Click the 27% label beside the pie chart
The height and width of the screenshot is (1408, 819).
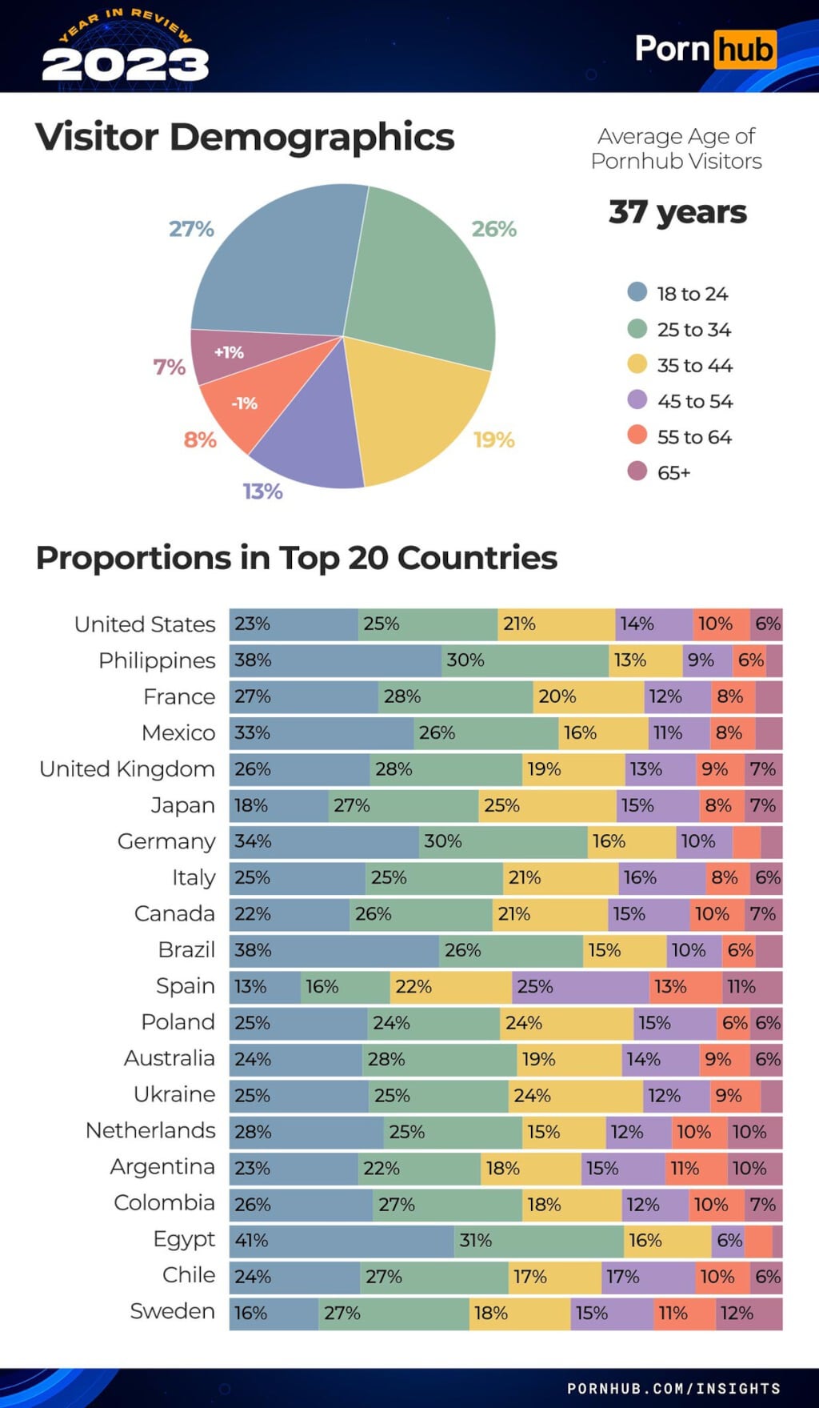pyautogui.click(x=191, y=229)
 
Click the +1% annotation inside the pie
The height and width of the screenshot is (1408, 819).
pyautogui.click(x=229, y=352)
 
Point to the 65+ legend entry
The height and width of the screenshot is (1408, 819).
pyautogui.click(x=673, y=472)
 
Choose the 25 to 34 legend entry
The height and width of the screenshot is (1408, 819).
pyautogui.click(x=693, y=330)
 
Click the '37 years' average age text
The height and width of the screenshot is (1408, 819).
pyautogui.click(x=677, y=212)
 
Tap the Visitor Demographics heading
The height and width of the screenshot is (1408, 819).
pyautogui.click(x=245, y=137)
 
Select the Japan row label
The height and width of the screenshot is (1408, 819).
pyautogui.click(x=182, y=805)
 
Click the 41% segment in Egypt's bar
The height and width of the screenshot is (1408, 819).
pyautogui.click(x=342, y=1241)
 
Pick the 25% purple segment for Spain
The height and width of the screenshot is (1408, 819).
pyautogui.click(x=580, y=987)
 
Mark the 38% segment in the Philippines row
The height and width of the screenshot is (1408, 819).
pyautogui.click(x=335, y=660)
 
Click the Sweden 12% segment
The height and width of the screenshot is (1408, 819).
pyautogui.click(x=749, y=1314)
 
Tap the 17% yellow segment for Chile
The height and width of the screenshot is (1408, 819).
pyautogui.click(x=554, y=1277)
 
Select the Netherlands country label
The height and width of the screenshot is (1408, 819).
pyautogui.click(x=150, y=1130)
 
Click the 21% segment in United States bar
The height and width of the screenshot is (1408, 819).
pyautogui.click(x=556, y=624)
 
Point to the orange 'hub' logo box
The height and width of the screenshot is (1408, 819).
pyautogui.click(x=745, y=49)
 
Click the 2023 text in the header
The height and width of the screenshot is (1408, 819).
pyautogui.click(x=126, y=64)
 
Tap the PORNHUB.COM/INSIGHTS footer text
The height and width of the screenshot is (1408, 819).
pyautogui.click(x=673, y=1388)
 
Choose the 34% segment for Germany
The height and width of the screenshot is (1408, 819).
pyautogui.click(x=324, y=842)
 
